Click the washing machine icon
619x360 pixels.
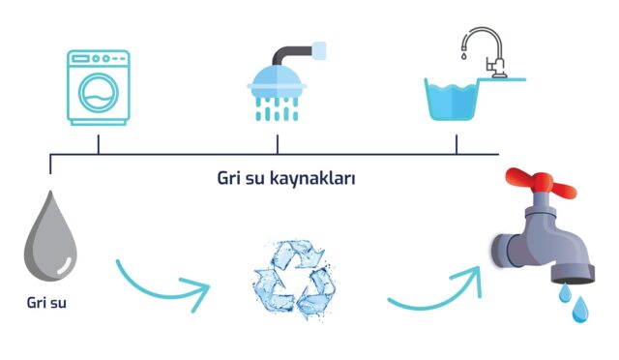tap(98, 86)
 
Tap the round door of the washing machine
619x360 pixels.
tap(98, 94)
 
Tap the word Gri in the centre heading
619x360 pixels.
tap(229, 179)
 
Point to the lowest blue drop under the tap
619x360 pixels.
tap(580, 310)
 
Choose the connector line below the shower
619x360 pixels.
tap(278, 144)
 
